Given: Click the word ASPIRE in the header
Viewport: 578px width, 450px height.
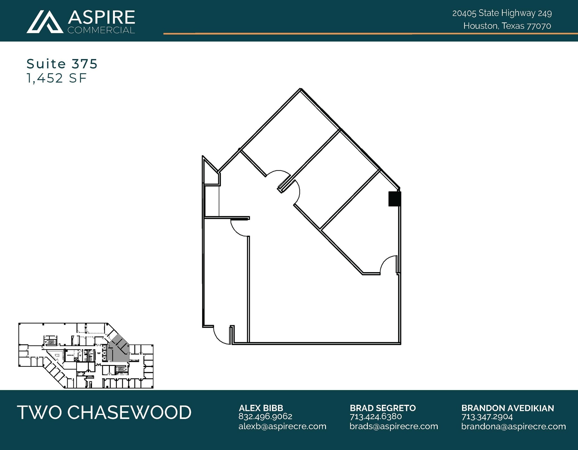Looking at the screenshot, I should point(101,18).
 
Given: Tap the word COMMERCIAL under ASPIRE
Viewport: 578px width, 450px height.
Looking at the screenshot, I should point(101,30).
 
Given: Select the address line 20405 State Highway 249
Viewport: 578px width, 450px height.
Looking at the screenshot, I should point(502,13).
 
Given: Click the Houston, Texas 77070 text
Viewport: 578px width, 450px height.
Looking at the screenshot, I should point(507,26).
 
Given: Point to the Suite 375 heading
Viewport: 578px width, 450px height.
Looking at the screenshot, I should point(62,64).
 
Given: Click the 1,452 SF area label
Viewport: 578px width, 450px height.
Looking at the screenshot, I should point(56,78).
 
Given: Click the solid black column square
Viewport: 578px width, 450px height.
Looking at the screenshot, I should point(394,199).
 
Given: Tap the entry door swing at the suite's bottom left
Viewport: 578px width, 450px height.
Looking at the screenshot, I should point(222,335).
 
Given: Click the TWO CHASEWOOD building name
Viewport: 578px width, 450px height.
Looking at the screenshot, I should point(104,412).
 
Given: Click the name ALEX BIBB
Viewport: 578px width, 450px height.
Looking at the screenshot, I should point(261,408).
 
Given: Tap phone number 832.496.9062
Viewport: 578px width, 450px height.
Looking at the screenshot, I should point(265,416).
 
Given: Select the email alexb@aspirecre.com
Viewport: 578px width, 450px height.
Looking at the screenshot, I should point(282,426).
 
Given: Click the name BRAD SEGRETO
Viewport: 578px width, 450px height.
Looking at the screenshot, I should point(383,408).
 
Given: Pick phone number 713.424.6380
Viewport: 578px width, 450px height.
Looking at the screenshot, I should point(376,416).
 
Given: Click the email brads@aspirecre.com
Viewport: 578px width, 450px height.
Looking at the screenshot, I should point(394,426).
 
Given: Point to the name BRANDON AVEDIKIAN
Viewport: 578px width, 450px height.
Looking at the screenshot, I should point(507,408).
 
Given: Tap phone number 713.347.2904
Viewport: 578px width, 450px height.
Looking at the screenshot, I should point(487,416).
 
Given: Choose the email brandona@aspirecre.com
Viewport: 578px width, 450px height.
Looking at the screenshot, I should point(513,426).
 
